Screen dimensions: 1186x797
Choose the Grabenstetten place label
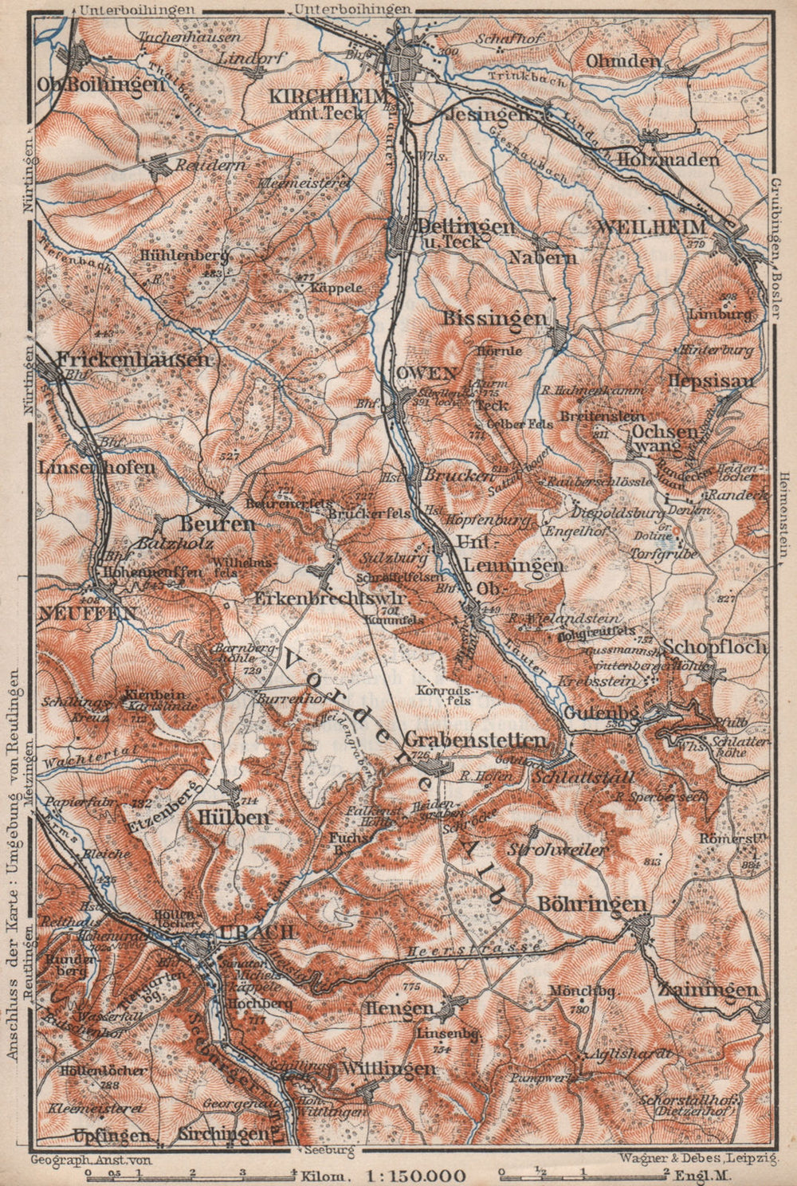tap(476, 739)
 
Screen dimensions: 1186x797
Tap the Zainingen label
tap(708, 990)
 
